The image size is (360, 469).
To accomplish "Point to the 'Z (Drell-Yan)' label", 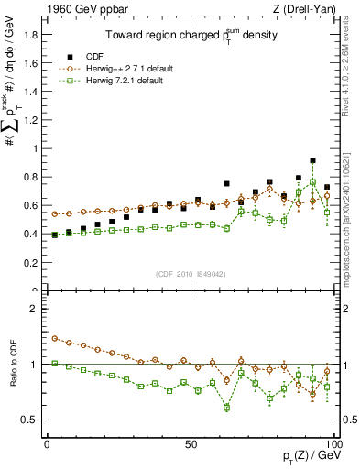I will point(307,8).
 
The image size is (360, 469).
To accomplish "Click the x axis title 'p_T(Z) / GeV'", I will point(303,457).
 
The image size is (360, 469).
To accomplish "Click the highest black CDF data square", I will point(312,160).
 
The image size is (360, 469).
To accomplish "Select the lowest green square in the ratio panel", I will point(226,407).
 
